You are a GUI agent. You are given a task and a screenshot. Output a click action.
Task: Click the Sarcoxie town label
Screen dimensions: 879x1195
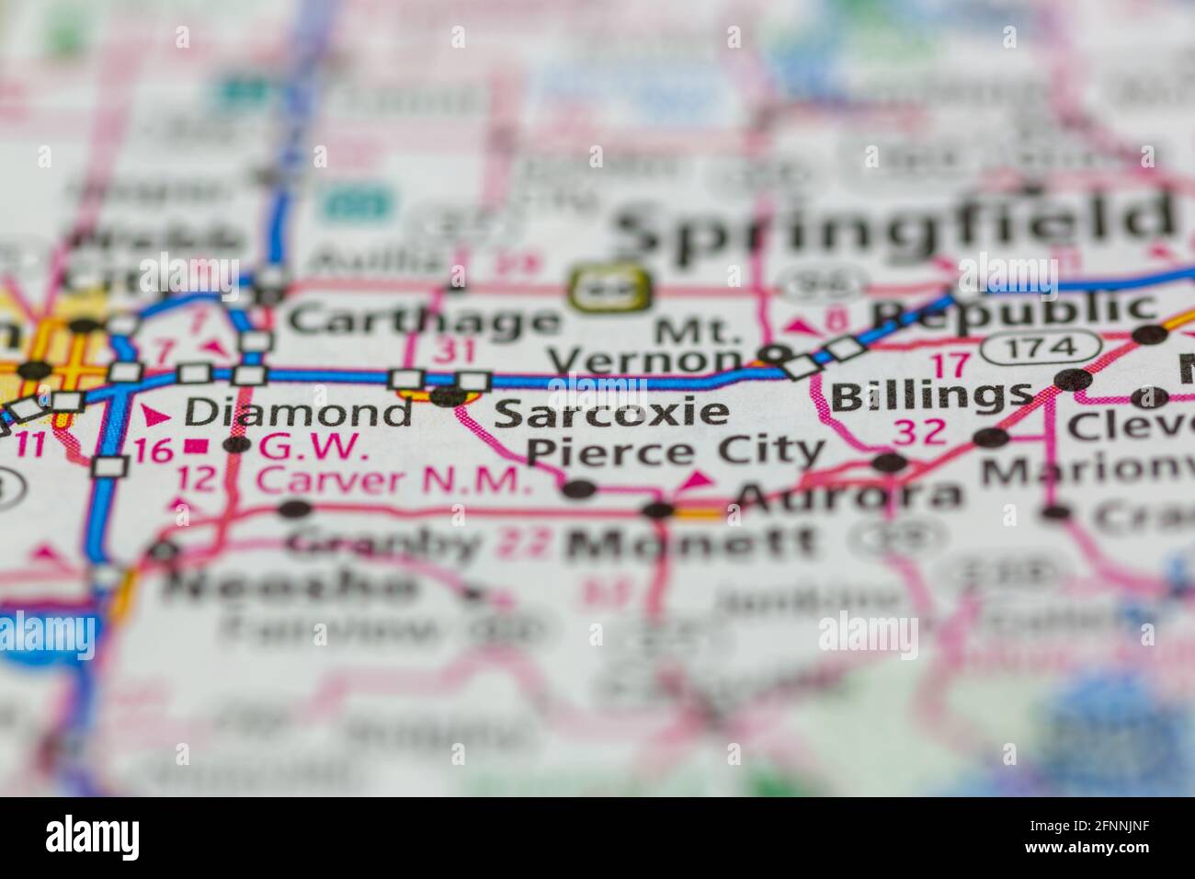(611, 412)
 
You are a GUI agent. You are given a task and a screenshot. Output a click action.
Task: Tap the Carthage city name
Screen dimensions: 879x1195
(423, 322)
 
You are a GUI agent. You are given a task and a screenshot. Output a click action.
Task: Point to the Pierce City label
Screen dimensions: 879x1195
(676, 451)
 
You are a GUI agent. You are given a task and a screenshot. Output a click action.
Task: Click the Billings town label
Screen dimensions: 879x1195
(930, 396)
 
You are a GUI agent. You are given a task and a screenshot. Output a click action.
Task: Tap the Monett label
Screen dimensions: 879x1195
(691, 544)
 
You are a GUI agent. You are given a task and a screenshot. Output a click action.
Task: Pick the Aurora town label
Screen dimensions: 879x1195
(850, 497)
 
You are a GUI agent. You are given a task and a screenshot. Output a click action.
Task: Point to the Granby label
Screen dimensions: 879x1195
(383, 543)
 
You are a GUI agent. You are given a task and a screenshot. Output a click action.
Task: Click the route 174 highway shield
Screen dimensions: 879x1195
(1041, 348)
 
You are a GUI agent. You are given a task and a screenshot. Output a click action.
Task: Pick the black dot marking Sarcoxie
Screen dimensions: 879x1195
(449, 397)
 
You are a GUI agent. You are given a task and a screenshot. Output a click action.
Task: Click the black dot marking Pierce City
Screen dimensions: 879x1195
(578, 489)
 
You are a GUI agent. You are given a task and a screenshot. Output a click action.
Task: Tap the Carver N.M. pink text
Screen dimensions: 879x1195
(393, 480)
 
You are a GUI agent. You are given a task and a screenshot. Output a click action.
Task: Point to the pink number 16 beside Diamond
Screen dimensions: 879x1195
(154, 451)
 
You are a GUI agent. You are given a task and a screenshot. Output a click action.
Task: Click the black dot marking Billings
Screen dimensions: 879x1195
(1073, 379)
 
